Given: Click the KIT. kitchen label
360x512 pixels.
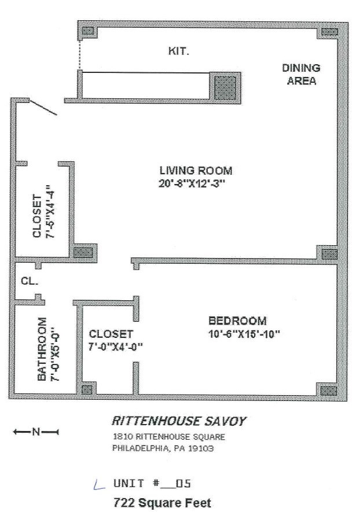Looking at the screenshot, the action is (178, 51).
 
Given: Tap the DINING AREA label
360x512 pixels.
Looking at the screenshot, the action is (301, 75).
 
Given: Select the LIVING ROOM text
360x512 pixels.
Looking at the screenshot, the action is (196, 171).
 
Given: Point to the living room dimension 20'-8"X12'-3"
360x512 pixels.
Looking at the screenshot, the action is (192, 184).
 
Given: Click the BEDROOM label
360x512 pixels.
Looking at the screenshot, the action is (237, 321).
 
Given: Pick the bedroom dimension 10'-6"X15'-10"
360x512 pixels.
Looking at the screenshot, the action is (244, 334).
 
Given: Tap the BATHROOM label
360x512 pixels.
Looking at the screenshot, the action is (42, 349).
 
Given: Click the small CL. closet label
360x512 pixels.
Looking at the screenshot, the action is (30, 281).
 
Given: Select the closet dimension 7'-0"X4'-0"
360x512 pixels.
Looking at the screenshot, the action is (116, 347).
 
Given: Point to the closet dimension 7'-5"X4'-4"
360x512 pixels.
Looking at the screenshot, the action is (50, 212).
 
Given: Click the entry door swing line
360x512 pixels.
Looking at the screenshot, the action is (43, 108).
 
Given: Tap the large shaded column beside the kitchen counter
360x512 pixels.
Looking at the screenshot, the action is (225, 88).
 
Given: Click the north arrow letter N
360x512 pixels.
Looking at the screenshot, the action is (36, 432).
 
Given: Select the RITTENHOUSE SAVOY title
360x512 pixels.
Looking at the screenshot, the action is (179, 421).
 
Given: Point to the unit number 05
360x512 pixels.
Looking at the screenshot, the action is (183, 483).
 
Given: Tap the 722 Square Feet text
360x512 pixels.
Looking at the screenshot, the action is (162, 503).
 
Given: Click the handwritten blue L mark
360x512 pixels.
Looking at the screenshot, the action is (98, 485).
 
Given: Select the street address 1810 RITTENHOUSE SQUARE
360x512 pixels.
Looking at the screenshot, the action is (169, 437).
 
